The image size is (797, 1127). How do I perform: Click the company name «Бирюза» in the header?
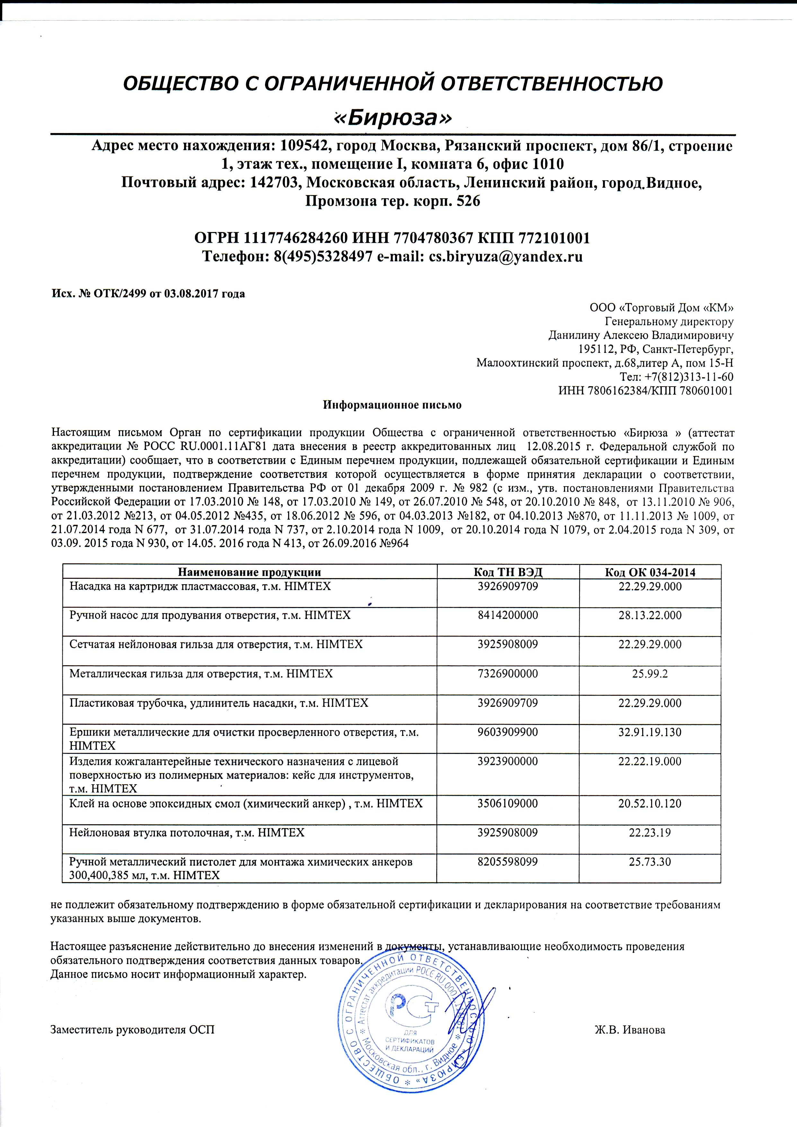393,118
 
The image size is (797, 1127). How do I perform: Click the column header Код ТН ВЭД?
508,572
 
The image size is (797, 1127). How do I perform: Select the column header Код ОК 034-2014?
650,572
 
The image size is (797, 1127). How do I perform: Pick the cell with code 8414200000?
508,615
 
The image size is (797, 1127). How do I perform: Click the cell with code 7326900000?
508,674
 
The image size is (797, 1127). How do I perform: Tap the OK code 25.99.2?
650,674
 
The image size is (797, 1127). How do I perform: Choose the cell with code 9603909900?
508,732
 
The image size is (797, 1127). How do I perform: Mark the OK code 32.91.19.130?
650,732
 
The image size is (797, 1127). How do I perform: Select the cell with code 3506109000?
508,803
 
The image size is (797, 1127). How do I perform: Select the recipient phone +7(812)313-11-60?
677,377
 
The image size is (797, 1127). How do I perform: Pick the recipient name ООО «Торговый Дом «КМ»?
661,308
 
